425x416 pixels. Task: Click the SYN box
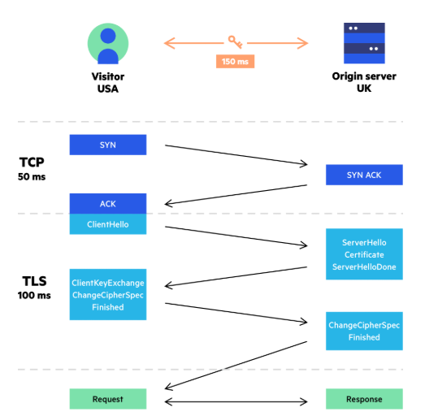[107, 145]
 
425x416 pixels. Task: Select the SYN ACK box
[363, 175]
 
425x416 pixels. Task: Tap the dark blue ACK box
[107, 204]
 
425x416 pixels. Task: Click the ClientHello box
[107, 224]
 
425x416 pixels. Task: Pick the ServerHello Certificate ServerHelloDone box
[363, 254]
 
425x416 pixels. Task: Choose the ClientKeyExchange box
[107, 294]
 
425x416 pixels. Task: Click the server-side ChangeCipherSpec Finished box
[363, 331]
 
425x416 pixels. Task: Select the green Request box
[107, 399]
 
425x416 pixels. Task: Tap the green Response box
[363, 399]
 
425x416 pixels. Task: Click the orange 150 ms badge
[236, 61]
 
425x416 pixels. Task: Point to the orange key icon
[236, 41]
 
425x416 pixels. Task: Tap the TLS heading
[33, 281]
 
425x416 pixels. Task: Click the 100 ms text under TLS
[33, 296]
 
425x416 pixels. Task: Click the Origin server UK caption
[363, 82]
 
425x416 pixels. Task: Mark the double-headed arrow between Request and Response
[236, 400]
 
